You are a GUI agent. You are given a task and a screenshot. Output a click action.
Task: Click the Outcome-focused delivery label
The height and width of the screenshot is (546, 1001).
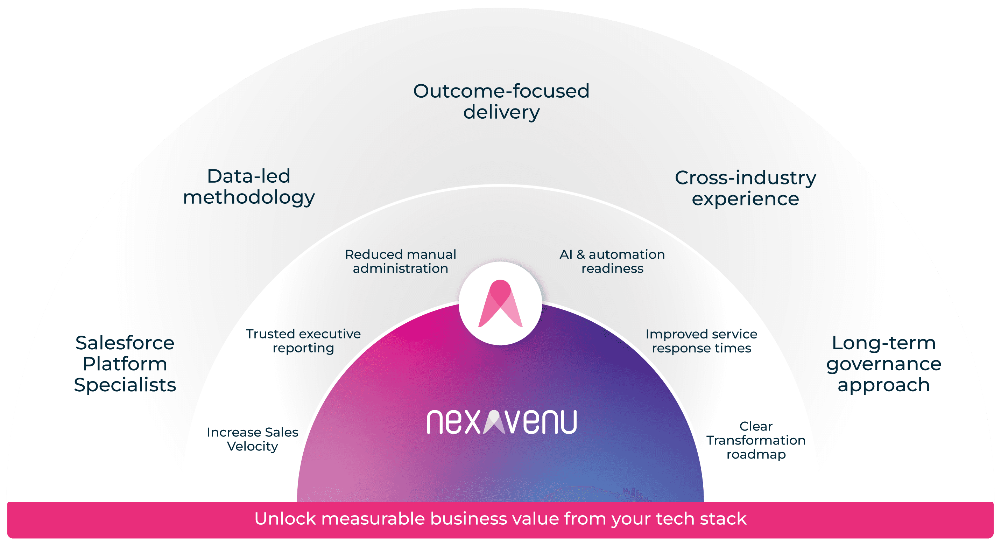(501, 101)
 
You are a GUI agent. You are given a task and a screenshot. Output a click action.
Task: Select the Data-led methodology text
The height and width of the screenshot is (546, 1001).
(249, 187)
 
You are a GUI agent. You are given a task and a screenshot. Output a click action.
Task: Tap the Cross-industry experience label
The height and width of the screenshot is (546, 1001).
(745, 188)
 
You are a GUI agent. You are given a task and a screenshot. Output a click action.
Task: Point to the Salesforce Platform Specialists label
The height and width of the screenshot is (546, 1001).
(125, 364)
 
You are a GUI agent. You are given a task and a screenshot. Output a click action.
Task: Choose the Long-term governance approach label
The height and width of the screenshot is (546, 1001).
(884, 364)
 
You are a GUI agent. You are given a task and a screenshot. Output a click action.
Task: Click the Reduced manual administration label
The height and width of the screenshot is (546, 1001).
(400, 261)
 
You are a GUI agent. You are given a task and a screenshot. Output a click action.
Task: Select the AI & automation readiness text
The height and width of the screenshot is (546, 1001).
(612, 261)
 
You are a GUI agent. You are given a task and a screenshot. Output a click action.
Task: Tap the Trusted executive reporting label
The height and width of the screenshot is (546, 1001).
(303, 341)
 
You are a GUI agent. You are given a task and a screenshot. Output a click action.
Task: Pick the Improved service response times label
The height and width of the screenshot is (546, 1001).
(702, 341)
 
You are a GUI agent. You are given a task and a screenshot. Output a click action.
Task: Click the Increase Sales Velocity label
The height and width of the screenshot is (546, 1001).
(252, 439)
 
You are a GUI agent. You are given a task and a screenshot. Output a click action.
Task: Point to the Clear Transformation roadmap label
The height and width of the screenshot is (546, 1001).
(756, 440)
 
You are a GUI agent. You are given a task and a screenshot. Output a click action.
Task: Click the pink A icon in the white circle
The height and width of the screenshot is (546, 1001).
(500, 303)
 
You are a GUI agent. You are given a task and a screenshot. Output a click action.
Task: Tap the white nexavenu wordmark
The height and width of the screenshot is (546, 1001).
(501, 422)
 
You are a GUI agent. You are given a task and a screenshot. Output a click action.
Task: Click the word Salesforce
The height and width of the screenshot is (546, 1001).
(125, 343)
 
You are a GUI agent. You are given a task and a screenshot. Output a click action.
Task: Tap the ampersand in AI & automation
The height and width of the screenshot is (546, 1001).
(580, 254)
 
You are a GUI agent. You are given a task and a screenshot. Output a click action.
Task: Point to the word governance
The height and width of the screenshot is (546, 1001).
(884, 364)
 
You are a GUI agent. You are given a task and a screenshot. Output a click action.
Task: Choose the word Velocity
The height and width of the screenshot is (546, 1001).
(252, 446)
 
